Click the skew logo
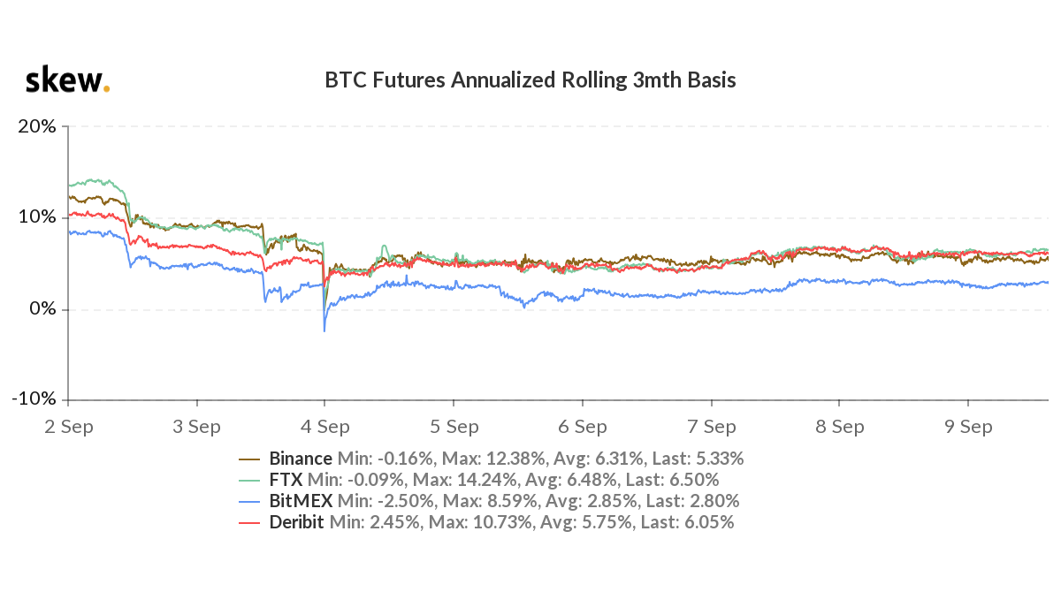point(67,80)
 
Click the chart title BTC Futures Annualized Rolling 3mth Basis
point(530,80)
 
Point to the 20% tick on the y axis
point(37,126)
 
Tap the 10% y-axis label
point(37,217)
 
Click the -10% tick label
point(34,399)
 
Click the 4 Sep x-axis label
point(324,427)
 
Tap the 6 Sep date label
point(582,427)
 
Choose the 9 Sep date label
point(968,427)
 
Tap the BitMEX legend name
point(297,501)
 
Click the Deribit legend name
point(295,522)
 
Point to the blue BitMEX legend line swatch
point(249,501)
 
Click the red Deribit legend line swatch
point(249,522)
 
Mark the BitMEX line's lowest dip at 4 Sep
point(324,331)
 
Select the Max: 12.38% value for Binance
point(504,459)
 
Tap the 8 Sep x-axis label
point(839,427)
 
